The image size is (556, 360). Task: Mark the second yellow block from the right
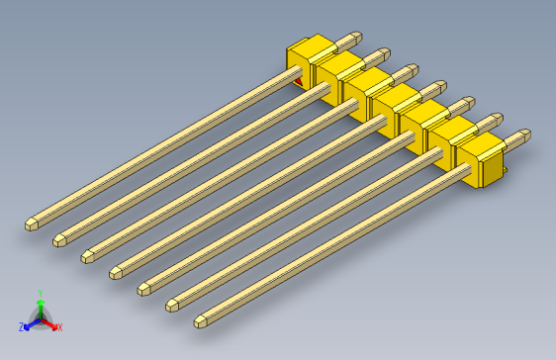[454, 139]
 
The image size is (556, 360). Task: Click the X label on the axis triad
[58, 326]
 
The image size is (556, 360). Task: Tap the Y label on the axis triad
[40, 293]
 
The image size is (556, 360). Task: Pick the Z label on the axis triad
[22, 326]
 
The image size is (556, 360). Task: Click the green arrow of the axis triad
[40, 306]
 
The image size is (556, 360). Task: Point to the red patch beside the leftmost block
[298, 80]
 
